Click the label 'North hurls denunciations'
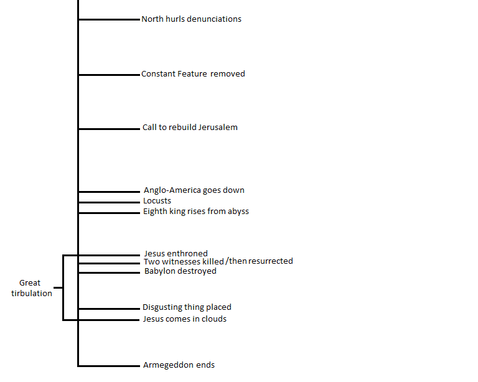[191, 19]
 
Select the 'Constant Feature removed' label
[193, 74]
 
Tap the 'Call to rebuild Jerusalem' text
[190, 128]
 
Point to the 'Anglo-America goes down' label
[194, 190]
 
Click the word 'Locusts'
[157, 201]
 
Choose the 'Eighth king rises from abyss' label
[196, 212]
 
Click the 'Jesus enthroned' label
[176, 254]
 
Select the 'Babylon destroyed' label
[180, 271]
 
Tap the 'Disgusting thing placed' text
[187, 307]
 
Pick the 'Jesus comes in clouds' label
[185, 319]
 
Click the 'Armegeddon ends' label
[179, 365]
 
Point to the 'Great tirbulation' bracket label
[31, 288]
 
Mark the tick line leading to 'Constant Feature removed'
[110, 75]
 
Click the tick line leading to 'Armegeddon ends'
[110, 365]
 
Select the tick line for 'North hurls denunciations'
[110, 20]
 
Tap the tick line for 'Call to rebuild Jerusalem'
[110, 129]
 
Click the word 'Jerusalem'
[218, 128]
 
